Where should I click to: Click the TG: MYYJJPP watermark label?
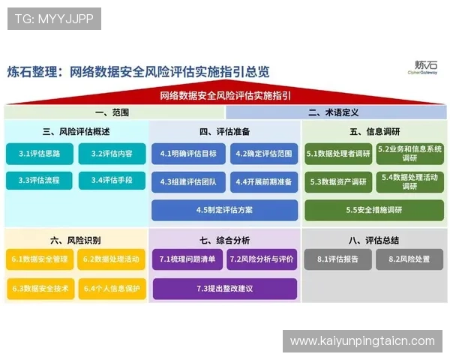coord(53,19)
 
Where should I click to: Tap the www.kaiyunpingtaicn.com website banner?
coord(362,341)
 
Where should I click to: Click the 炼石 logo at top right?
coord(425,69)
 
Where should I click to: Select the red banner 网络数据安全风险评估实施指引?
coord(225,96)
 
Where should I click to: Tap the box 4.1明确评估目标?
coord(188,154)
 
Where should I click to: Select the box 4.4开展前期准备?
coord(262,181)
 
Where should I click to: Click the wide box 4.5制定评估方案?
coord(225,210)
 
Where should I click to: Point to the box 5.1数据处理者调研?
coord(338,154)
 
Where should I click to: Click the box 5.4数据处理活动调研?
coord(409,181)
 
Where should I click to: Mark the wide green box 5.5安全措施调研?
coord(373,210)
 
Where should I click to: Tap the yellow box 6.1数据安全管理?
coord(40,259)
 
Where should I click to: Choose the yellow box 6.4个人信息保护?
coord(112,288)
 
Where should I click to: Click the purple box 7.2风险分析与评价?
coord(262,259)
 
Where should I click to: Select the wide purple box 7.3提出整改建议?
coord(224,288)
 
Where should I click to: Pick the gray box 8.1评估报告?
coord(337,259)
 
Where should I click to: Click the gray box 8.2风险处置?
coord(409,259)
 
